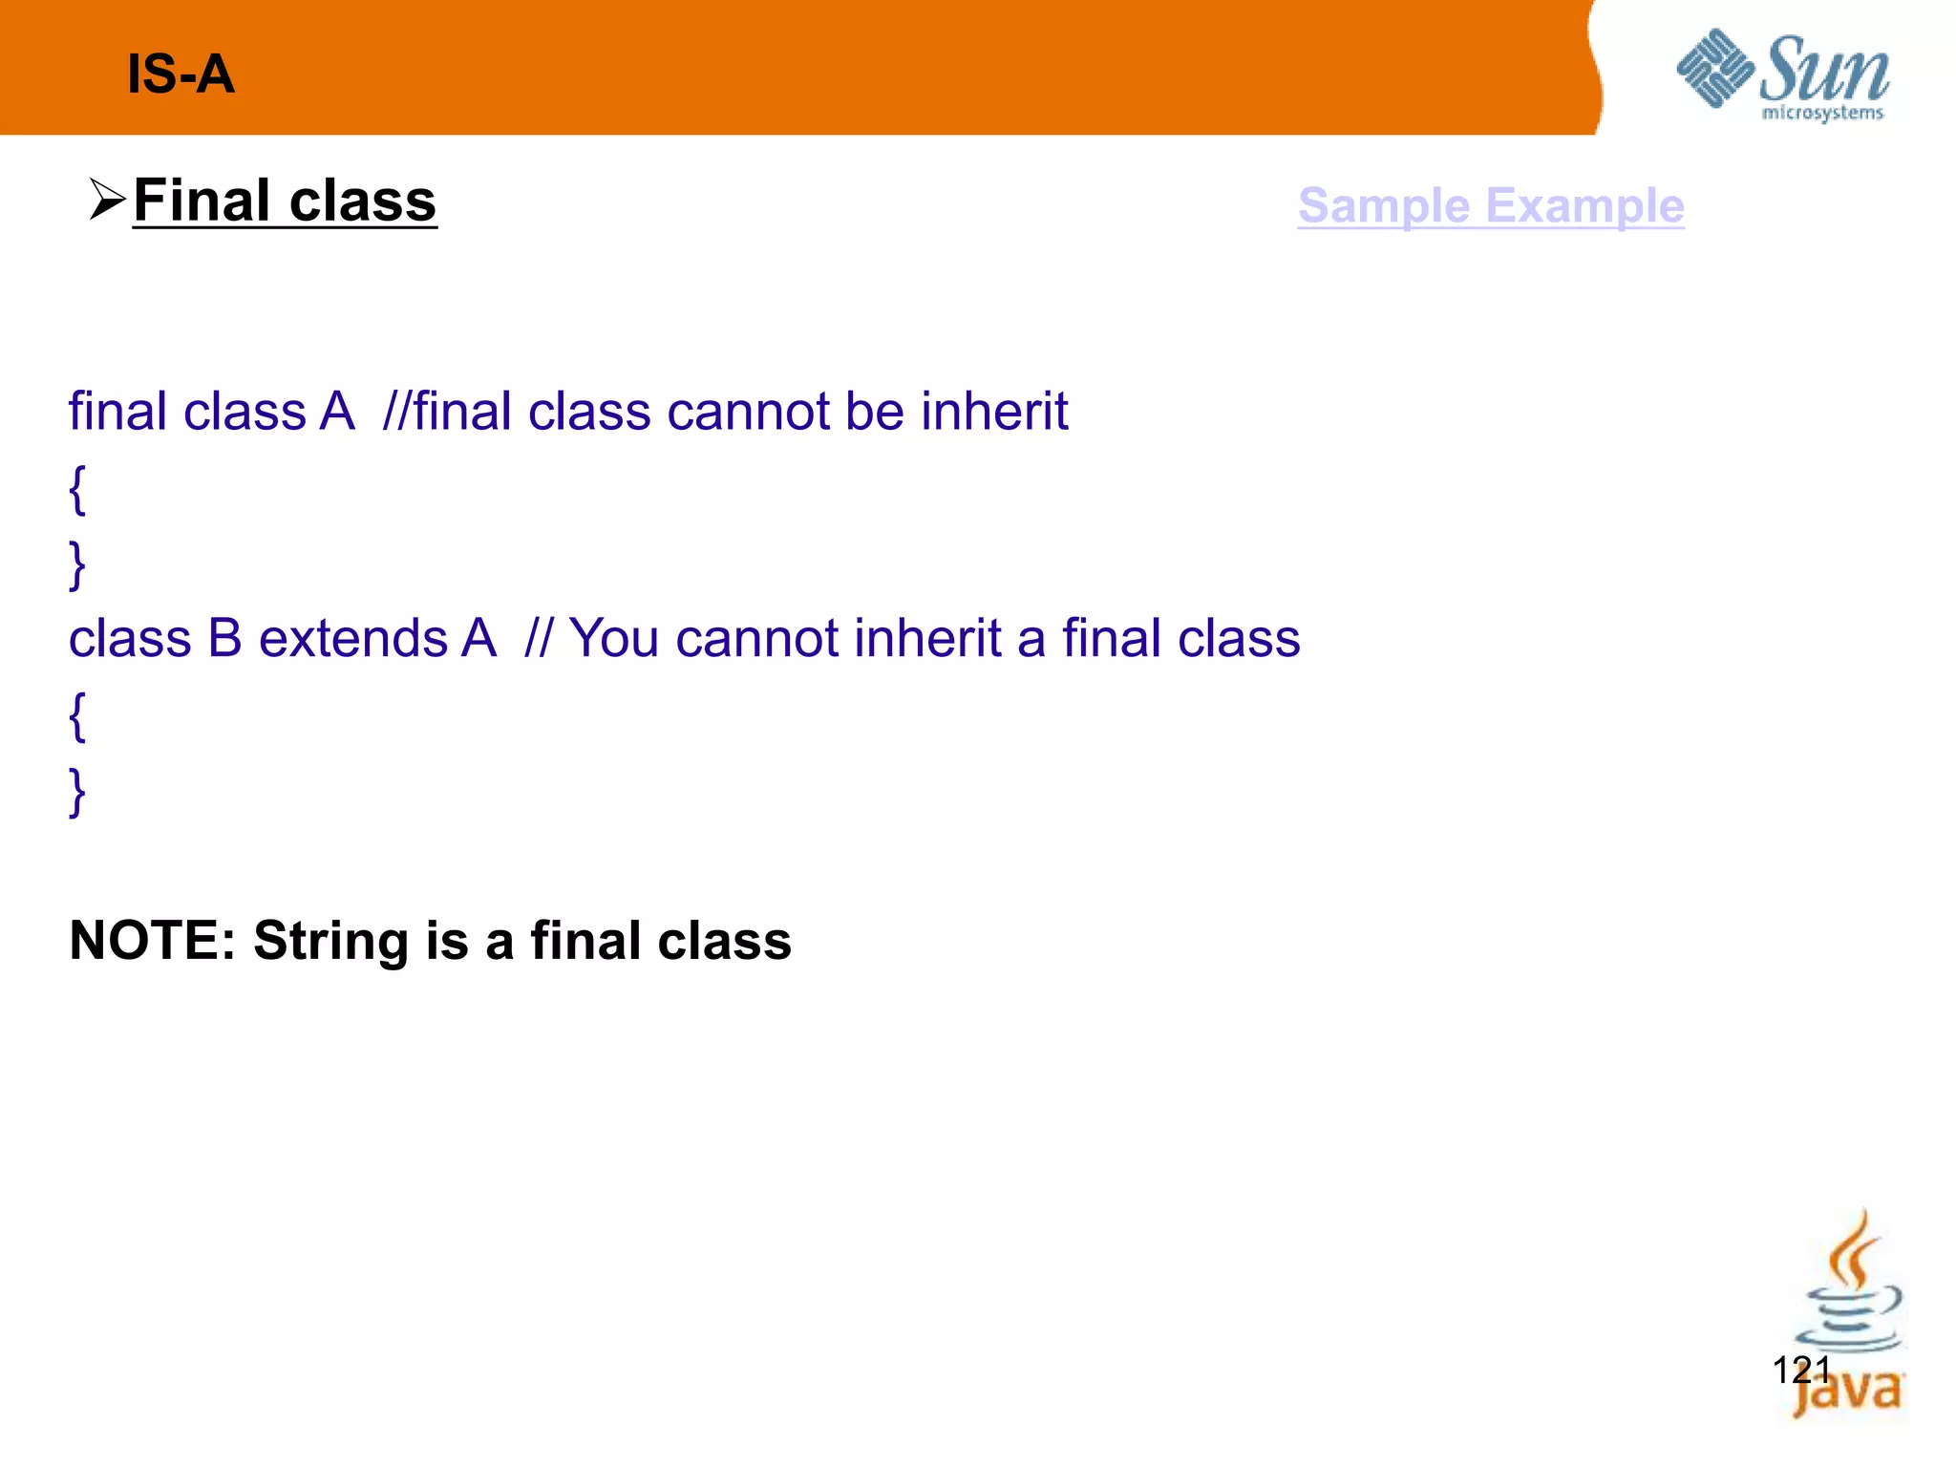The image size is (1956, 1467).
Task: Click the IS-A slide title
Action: pos(181,74)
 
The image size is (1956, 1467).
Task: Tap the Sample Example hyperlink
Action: pos(1490,205)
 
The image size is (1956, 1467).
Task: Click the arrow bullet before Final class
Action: pos(107,200)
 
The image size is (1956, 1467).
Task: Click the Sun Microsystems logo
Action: pos(1782,75)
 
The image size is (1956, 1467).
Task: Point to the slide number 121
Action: pos(1800,1370)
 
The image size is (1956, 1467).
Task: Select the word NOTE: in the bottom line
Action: pos(152,940)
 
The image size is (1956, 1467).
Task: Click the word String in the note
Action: pos(330,942)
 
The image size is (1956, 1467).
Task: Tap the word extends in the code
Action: pos(352,638)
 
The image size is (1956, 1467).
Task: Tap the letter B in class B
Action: pos(224,638)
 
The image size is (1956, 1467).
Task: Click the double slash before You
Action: pos(538,638)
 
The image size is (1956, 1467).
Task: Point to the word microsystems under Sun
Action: pos(1821,114)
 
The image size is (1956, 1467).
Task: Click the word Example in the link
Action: pos(1584,205)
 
